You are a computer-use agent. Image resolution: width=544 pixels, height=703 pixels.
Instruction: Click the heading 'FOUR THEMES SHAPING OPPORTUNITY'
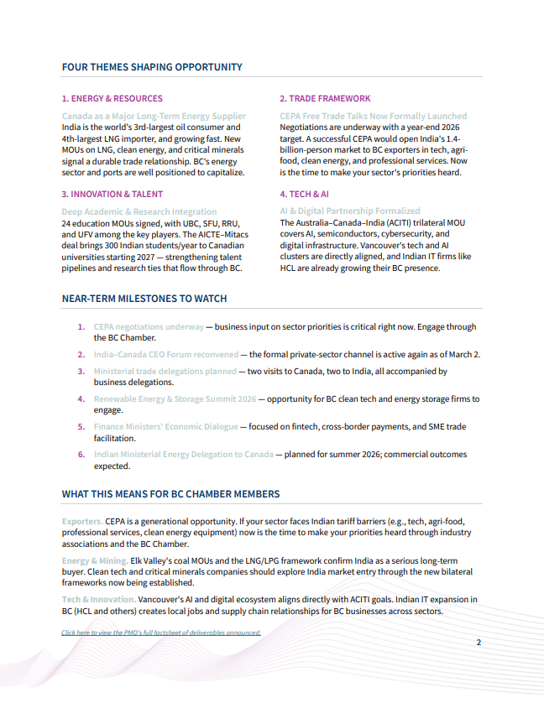coord(152,67)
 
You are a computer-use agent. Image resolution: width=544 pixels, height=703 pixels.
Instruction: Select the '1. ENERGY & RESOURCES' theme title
coord(112,98)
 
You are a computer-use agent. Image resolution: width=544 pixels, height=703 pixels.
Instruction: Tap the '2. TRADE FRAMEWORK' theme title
coord(325,98)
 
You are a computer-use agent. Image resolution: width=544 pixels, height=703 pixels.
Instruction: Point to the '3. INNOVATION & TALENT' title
coord(112,194)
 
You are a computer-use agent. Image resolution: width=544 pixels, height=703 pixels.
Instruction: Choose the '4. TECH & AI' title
coord(306,194)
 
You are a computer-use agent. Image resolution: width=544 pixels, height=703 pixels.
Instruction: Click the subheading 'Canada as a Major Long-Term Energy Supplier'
coord(154,116)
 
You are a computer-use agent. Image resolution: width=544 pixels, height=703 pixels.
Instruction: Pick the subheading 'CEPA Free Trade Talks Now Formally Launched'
coord(373,116)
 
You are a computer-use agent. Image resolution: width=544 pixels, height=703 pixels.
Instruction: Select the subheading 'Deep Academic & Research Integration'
coord(139,211)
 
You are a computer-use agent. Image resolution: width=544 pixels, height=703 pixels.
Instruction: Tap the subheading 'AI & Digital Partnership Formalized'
coord(350,211)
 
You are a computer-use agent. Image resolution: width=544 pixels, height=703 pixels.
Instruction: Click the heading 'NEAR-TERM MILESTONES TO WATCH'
coord(144,299)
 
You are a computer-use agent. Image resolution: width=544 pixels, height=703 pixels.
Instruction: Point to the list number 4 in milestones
coord(81,399)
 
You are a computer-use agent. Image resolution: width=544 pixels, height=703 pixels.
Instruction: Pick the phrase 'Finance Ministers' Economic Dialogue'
coord(166,427)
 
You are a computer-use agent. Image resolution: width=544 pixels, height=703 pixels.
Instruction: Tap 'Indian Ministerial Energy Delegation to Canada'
coord(183,455)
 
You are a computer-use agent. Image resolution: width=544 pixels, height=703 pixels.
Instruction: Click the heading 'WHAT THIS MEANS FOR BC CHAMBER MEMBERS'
coord(171,494)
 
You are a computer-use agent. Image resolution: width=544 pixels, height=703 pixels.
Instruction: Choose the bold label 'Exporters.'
coord(82,521)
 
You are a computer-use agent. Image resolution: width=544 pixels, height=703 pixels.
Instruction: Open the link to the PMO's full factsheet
coord(161,633)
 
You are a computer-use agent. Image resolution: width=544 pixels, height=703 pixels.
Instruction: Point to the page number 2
coord(479,643)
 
